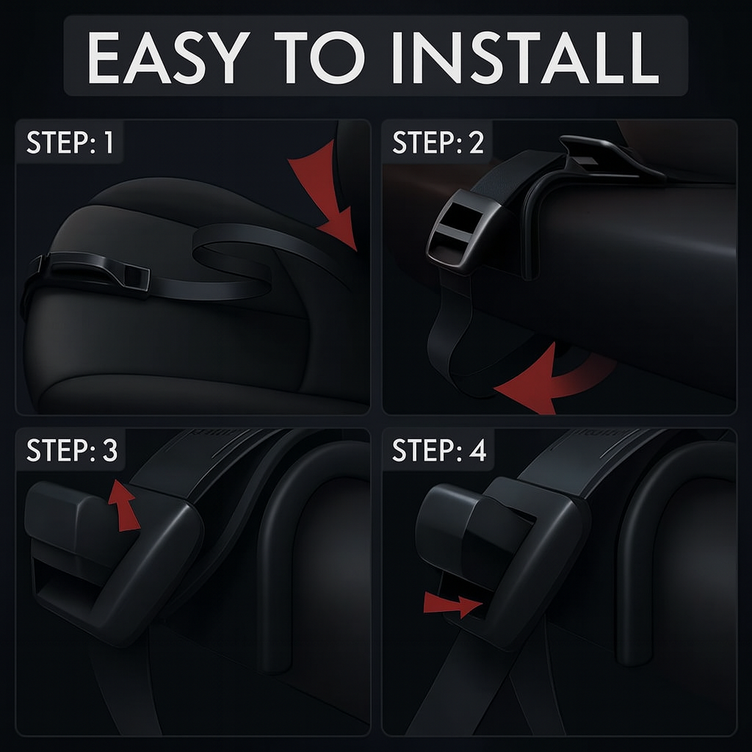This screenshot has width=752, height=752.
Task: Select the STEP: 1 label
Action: (70, 143)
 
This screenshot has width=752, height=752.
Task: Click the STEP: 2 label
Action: (438, 143)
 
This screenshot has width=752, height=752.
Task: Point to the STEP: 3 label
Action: (71, 450)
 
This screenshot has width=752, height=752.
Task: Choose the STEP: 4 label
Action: (439, 450)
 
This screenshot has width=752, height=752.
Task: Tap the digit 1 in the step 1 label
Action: (109, 143)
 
